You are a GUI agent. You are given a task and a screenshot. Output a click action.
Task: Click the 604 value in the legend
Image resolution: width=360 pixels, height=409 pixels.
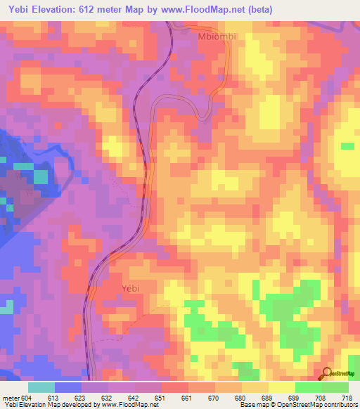coord(27,398)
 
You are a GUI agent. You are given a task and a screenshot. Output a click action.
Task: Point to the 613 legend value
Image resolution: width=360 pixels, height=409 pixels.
coord(54,398)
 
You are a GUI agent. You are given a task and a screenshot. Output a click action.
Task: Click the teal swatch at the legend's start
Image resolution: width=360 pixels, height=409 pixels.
coord(41,387)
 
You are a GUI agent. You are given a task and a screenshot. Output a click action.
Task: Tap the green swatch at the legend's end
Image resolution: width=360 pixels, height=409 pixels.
coord(335,387)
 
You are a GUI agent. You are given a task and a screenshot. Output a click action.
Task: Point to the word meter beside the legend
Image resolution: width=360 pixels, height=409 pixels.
coord(11,398)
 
